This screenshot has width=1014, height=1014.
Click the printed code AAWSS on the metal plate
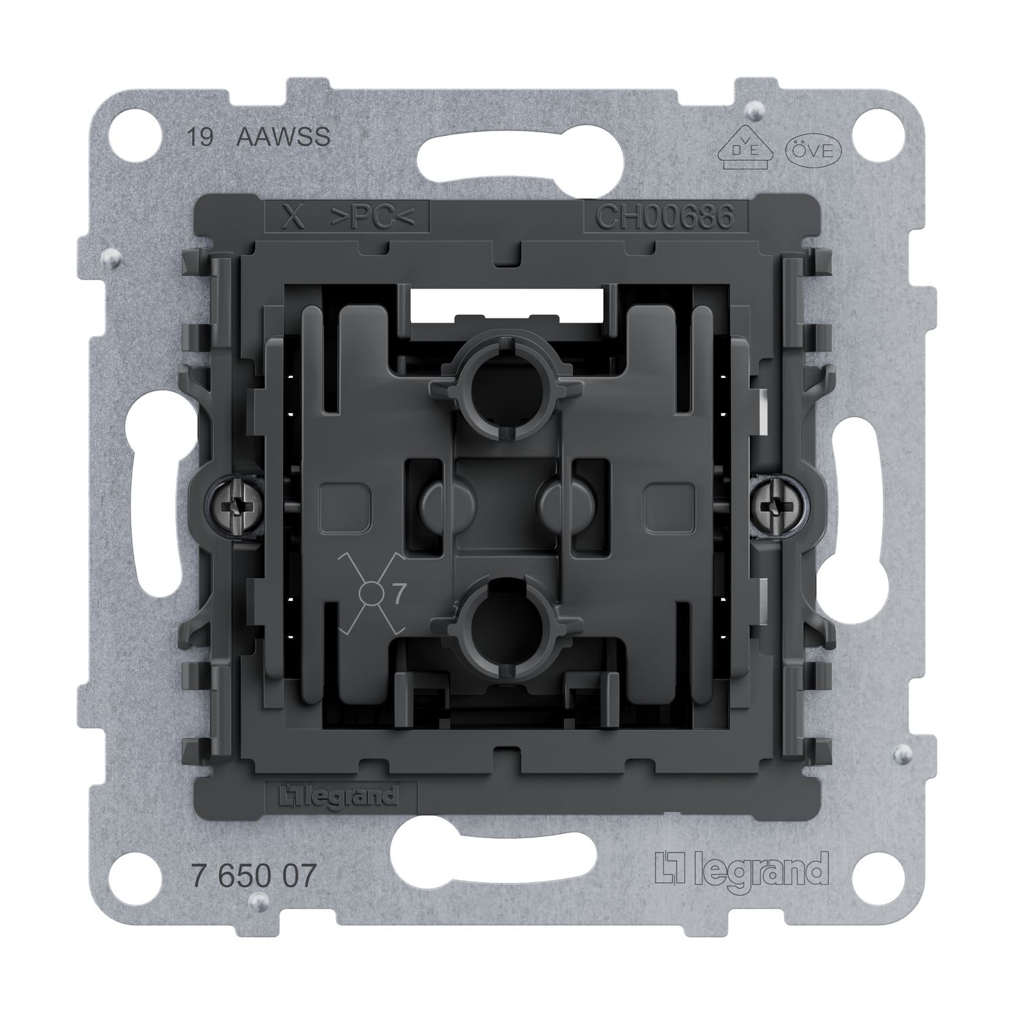coord(283,137)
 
